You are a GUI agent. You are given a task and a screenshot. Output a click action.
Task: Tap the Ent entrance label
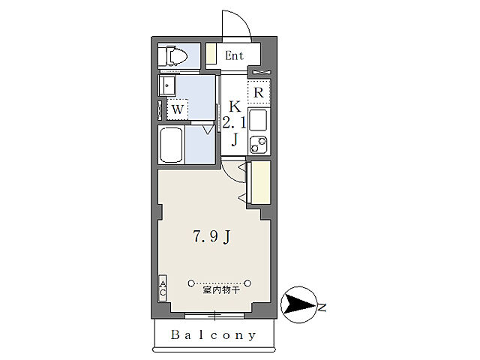tap(234, 55)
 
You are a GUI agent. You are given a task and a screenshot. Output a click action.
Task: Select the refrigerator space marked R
tap(259, 91)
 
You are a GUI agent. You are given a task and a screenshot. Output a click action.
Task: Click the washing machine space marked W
tap(177, 109)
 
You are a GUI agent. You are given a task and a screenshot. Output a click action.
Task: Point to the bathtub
tap(171, 145)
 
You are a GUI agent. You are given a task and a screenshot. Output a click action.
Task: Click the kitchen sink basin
tap(258, 120)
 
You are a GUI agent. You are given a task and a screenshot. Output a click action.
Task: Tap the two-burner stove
tap(258, 145)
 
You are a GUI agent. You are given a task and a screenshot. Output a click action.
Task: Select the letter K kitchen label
tap(235, 106)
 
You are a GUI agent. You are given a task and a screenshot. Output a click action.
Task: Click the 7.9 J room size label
tap(211, 237)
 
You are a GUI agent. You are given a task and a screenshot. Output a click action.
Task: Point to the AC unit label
tap(163, 288)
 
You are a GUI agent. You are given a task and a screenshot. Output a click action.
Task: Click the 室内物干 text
tap(221, 290)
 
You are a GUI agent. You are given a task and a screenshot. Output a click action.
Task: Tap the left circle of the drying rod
tap(191, 283)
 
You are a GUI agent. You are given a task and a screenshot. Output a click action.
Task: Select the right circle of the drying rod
tap(248, 283)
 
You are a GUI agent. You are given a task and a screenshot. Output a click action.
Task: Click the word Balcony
tap(213, 335)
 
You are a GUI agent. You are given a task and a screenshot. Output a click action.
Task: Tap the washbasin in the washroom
tap(166, 85)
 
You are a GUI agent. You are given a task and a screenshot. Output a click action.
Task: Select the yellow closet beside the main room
tap(260, 182)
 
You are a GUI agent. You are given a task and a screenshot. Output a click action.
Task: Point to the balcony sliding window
tap(215, 316)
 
